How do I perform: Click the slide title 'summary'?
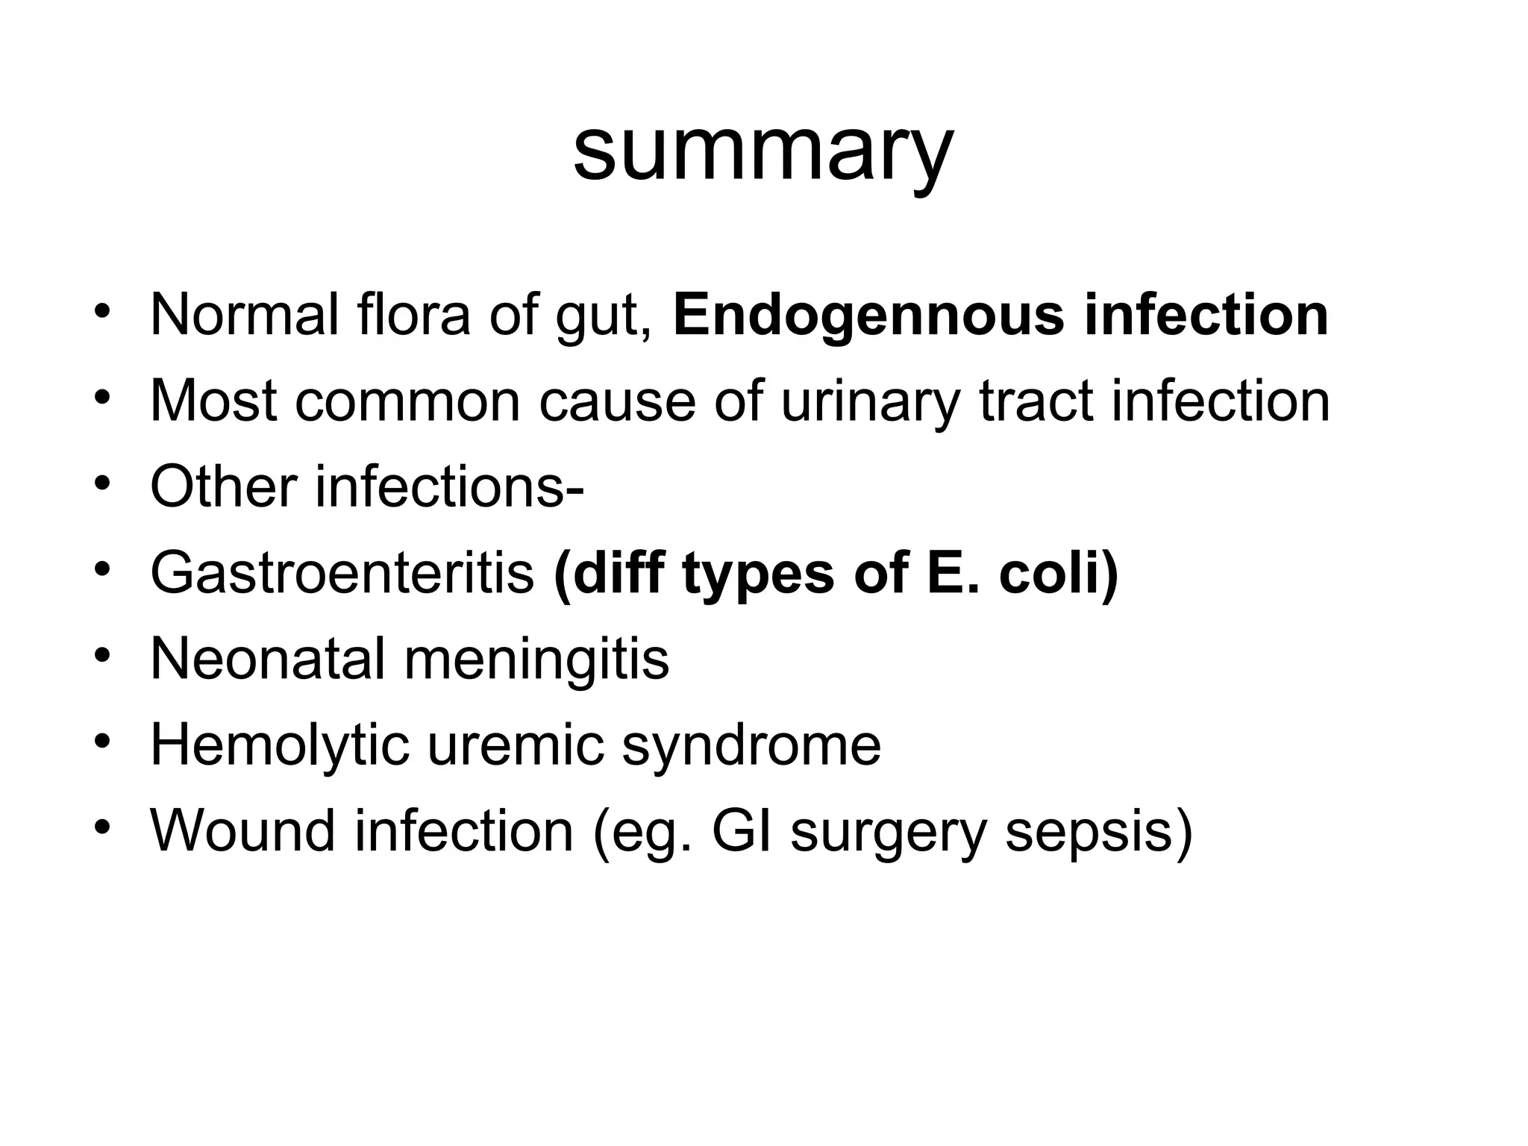tap(763, 153)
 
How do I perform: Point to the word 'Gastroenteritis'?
tap(342, 573)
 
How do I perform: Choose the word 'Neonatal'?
tap(267, 659)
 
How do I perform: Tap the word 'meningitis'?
tap(536, 659)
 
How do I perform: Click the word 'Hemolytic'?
tap(279, 745)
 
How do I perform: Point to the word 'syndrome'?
tap(751, 745)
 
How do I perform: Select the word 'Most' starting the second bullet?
tap(213, 401)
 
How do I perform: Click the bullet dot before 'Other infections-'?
tap(102, 483)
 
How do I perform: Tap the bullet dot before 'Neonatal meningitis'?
tap(102, 654)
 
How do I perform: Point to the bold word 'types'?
tap(757, 573)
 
